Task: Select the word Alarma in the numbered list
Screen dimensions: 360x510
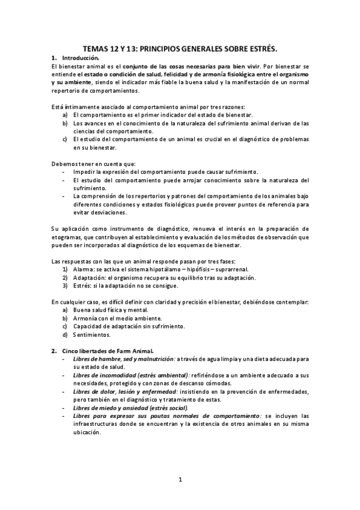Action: pyautogui.click(x=84, y=269)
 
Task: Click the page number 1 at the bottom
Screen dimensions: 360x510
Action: pyautogui.click(x=180, y=479)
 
